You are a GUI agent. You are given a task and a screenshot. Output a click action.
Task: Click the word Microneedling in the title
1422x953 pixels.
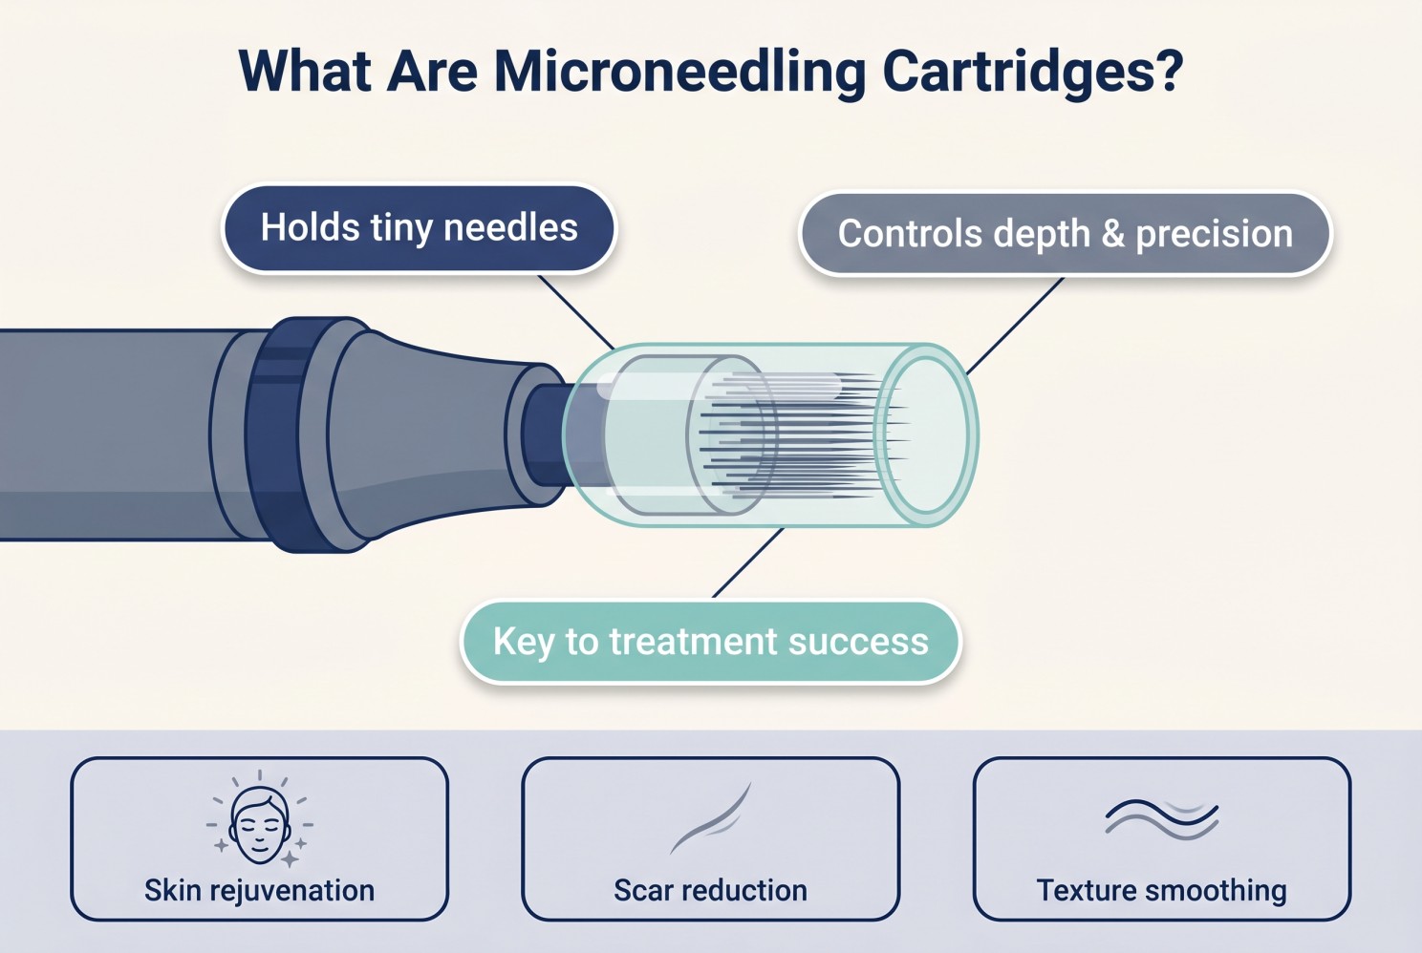click(679, 72)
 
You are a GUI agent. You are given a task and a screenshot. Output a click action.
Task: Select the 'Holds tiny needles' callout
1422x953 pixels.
click(419, 228)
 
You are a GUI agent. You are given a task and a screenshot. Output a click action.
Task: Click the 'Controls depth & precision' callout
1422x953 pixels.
click(1066, 234)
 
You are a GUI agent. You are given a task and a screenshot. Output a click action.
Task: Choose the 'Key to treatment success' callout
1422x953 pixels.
click(710, 642)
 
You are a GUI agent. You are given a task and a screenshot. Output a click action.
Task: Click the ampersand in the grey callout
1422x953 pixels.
click(1112, 234)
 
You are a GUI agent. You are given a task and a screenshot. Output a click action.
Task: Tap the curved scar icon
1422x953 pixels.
click(710, 818)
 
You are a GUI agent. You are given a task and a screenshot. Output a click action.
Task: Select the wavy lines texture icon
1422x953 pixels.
click(1162, 818)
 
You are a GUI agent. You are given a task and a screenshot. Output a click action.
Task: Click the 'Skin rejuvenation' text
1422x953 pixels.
click(259, 891)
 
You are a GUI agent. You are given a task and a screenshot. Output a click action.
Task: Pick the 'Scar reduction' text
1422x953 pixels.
click(710, 891)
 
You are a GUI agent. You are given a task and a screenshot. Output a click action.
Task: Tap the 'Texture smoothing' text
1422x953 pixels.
click(1162, 891)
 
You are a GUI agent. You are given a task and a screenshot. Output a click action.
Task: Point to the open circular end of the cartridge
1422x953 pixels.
click(926, 435)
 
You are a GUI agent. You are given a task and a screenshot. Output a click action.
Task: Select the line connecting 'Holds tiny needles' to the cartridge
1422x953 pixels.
click(576, 311)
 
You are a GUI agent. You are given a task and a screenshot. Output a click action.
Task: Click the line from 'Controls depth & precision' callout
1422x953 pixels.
click(1015, 326)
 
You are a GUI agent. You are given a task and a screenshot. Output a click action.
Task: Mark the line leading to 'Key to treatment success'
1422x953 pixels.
click(748, 562)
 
